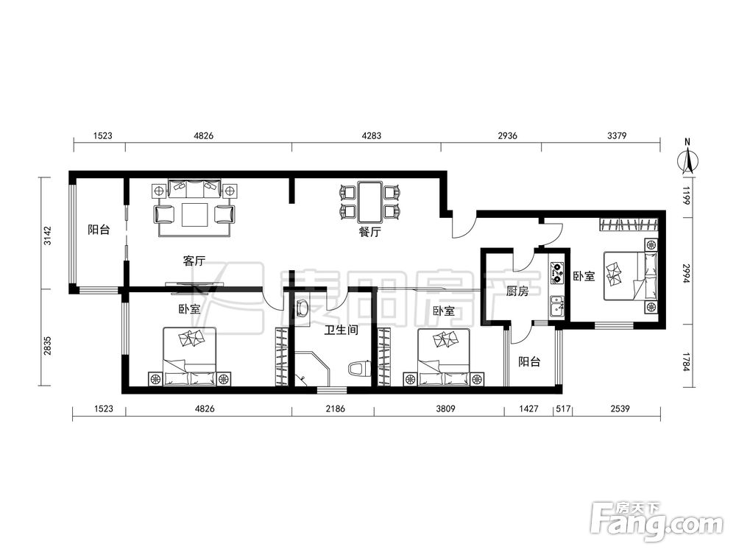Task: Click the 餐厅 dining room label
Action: tap(370, 231)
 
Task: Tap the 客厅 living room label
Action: tap(194, 261)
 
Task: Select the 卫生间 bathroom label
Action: tap(342, 330)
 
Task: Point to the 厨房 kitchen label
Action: tap(517, 291)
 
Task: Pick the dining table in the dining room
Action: tap(371, 202)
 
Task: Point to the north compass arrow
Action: tap(687, 160)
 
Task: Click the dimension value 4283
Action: tap(371, 135)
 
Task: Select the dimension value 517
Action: tap(563, 408)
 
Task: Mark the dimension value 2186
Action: tap(335, 408)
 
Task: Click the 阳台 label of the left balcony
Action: tap(99, 230)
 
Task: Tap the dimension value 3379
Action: tap(617, 135)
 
